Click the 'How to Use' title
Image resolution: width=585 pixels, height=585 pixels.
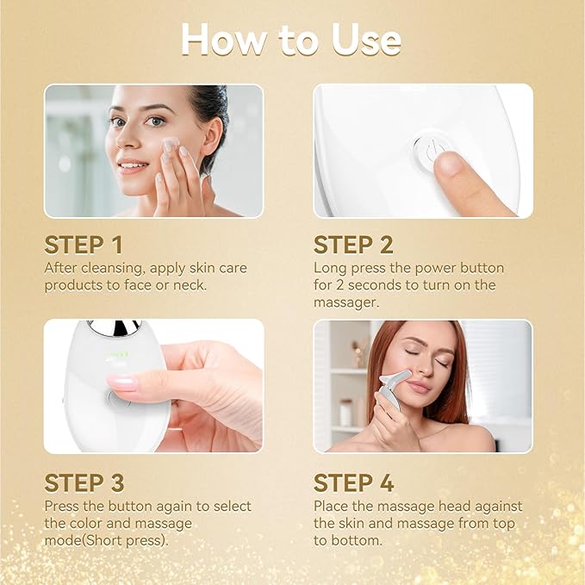point(291,40)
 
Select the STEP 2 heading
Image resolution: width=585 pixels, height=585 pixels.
point(354,245)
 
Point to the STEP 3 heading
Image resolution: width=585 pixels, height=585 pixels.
point(85,482)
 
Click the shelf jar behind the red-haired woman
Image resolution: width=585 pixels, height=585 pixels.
point(345,412)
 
